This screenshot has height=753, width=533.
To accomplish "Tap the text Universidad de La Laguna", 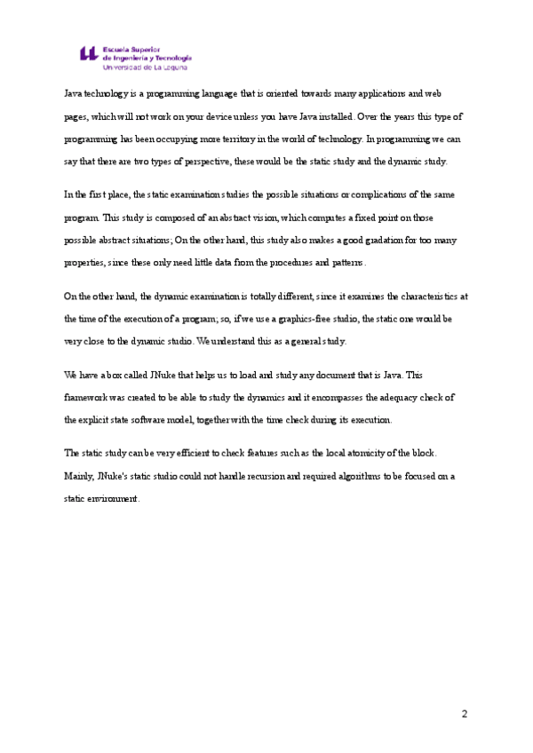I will click(x=147, y=67).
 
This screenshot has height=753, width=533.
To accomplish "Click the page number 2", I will click(x=464, y=713).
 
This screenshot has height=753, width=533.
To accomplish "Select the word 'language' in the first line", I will click(x=231, y=93).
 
